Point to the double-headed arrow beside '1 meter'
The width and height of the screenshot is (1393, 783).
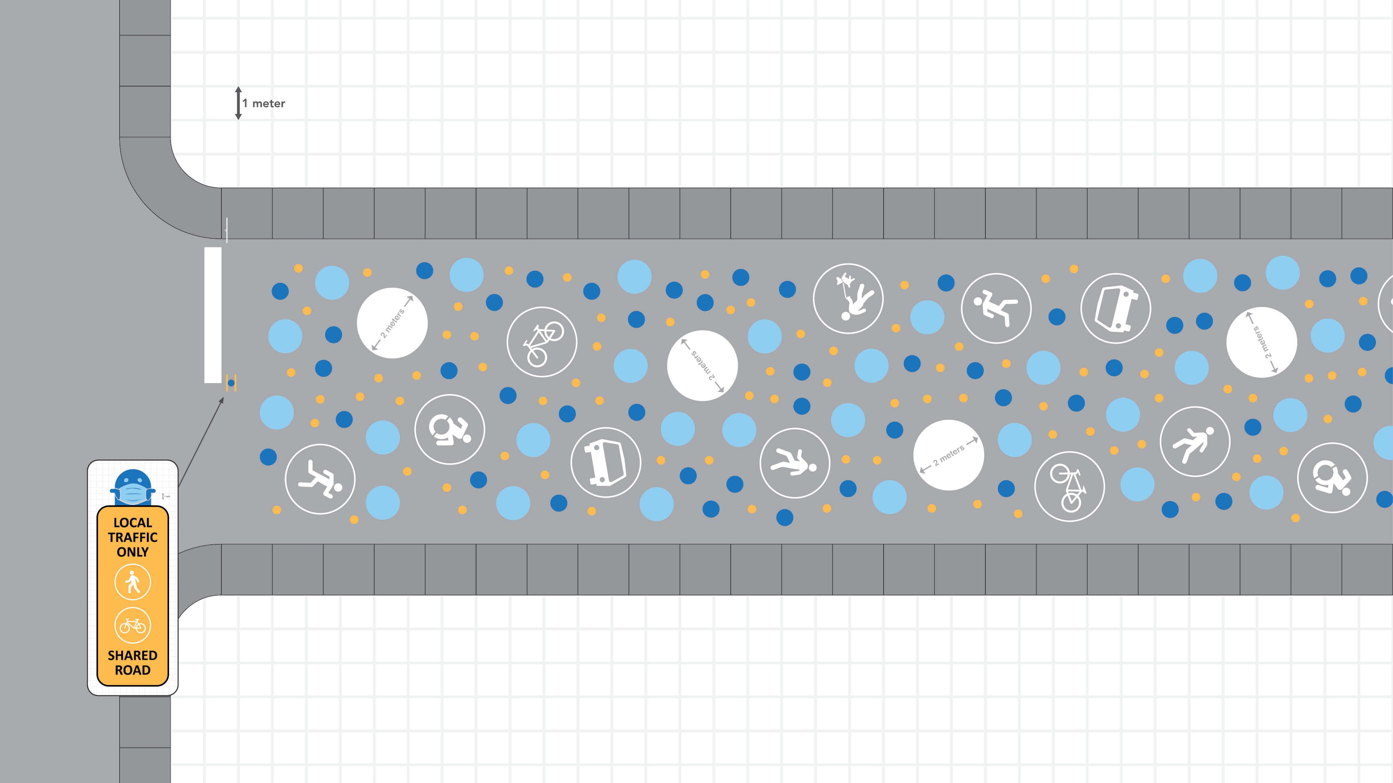238,103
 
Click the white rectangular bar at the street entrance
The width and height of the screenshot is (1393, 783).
213,315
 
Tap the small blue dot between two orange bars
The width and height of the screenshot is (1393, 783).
231,382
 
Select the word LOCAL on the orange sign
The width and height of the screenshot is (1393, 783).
132,522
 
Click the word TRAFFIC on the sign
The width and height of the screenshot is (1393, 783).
132,537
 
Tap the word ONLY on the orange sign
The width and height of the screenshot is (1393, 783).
132,552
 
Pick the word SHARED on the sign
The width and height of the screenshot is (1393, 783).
132,655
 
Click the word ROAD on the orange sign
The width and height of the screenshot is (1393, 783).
132,670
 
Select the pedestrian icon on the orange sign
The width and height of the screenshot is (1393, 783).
132,582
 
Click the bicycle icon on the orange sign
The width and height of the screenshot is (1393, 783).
132,626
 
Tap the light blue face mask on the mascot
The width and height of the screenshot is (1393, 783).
132,493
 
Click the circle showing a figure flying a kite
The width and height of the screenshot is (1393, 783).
848,298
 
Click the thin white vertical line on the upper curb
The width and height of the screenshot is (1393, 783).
227,230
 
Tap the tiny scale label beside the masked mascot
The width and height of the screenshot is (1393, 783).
166,496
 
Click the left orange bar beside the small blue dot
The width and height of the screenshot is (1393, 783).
227,382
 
